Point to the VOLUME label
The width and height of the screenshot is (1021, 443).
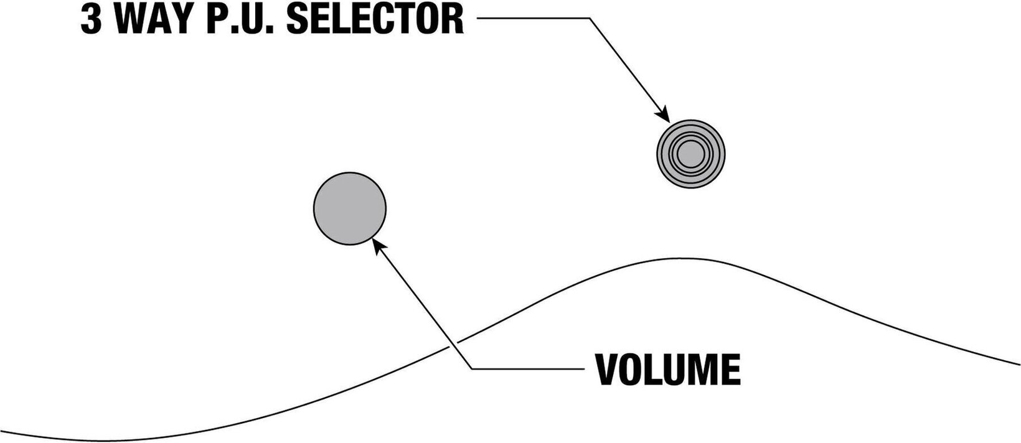[668, 370]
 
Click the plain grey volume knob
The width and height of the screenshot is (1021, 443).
[349, 208]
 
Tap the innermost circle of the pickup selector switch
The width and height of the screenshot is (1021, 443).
[690, 154]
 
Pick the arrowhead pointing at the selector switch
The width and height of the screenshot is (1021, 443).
[664, 116]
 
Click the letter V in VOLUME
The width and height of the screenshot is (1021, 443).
[608, 370]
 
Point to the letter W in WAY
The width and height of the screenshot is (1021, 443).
[131, 21]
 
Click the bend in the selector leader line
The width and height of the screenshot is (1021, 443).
[589, 19]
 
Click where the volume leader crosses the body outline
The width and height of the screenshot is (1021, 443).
[453, 343]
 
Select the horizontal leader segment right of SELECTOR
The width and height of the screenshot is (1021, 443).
[532, 19]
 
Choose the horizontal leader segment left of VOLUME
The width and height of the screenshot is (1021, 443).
[529, 370]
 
